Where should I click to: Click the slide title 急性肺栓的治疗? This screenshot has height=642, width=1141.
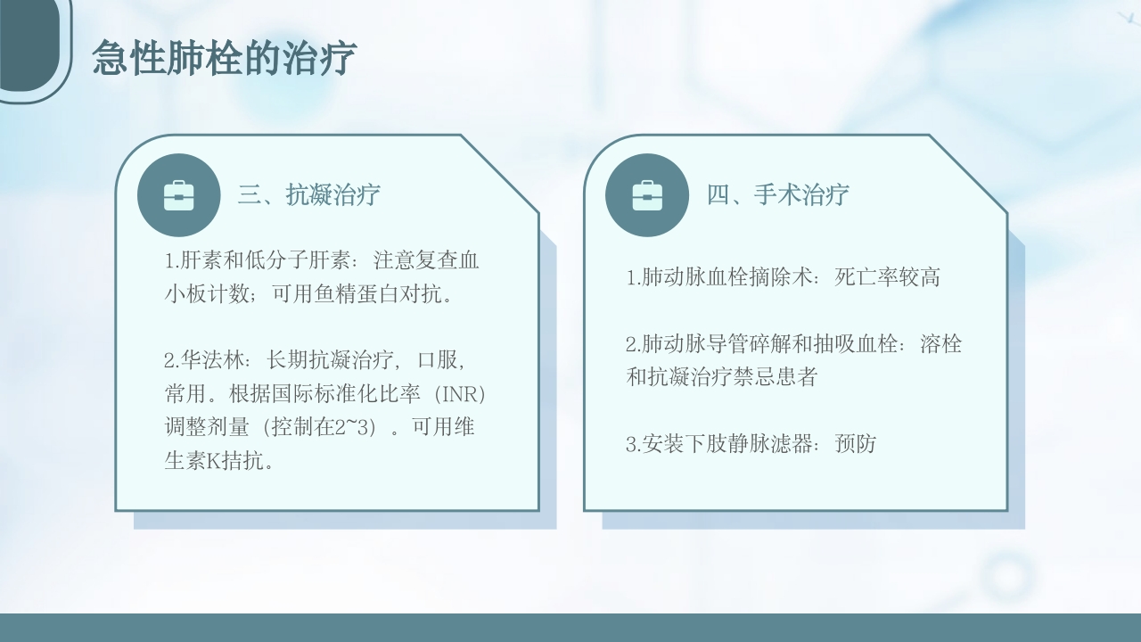(x=224, y=59)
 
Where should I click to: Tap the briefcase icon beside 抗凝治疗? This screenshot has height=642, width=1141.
(x=179, y=195)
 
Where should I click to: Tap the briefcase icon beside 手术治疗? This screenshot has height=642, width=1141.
(x=647, y=195)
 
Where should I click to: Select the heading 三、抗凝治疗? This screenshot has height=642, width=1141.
(x=308, y=195)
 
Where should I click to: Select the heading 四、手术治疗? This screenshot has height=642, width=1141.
(x=777, y=195)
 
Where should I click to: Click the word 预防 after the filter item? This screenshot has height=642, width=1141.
(x=856, y=444)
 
